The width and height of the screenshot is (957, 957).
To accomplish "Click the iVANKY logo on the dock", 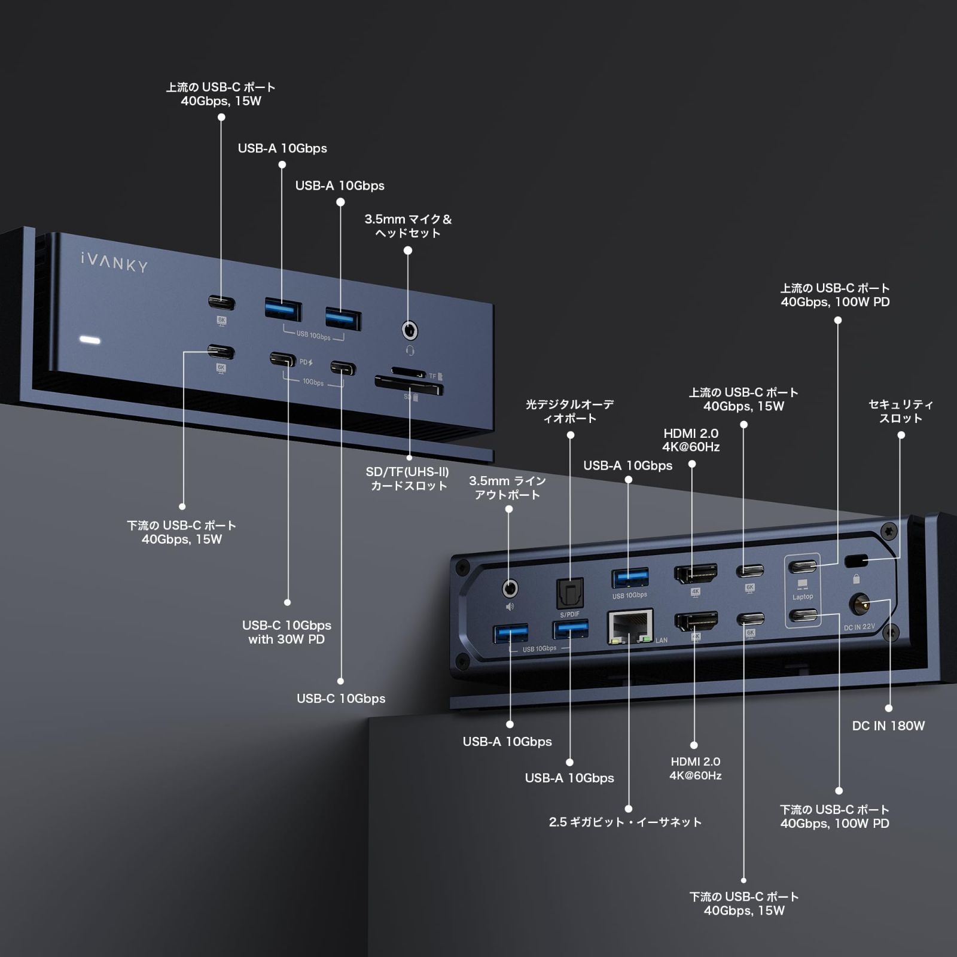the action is pyautogui.click(x=114, y=261).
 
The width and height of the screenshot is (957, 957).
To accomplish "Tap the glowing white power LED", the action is pyautogui.click(x=90, y=340).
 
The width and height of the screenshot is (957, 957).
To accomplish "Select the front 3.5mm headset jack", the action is pyautogui.click(x=409, y=330).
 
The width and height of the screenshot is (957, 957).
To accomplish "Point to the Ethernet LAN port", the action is pyautogui.click(x=630, y=626).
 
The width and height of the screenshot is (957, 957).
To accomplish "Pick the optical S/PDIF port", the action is pyautogui.click(x=569, y=593).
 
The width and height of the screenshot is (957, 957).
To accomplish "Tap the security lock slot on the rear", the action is pyautogui.click(x=856, y=561).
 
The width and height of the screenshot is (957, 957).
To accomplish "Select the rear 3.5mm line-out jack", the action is pyautogui.click(x=509, y=589).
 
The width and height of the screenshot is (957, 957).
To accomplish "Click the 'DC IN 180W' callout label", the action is pyautogui.click(x=888, y=726).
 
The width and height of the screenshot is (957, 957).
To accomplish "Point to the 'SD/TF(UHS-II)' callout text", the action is pyautogui.click(x=407, y=472).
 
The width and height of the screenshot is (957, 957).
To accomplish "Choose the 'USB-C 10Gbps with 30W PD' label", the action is pyautogui.click(x=287, y=632).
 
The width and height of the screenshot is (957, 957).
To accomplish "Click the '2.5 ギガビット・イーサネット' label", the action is pyautogui.click(x=626, y=822).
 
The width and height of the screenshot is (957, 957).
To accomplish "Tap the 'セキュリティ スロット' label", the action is pyautogui.click(x=901, y=412).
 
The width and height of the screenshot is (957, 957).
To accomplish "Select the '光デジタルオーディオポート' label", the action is pyautogui.click(x=569, y=411).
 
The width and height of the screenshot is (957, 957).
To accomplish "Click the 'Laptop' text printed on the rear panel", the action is pyautogui.click(x=803, y=596).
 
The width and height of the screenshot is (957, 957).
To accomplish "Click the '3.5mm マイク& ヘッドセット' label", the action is pyautogui.click(x=409, y=226).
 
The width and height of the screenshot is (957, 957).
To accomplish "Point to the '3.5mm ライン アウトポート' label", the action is pyautogui.click(x=507, y=487).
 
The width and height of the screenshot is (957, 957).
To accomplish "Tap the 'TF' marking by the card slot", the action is pyautogui.click(x=432, y=376).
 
